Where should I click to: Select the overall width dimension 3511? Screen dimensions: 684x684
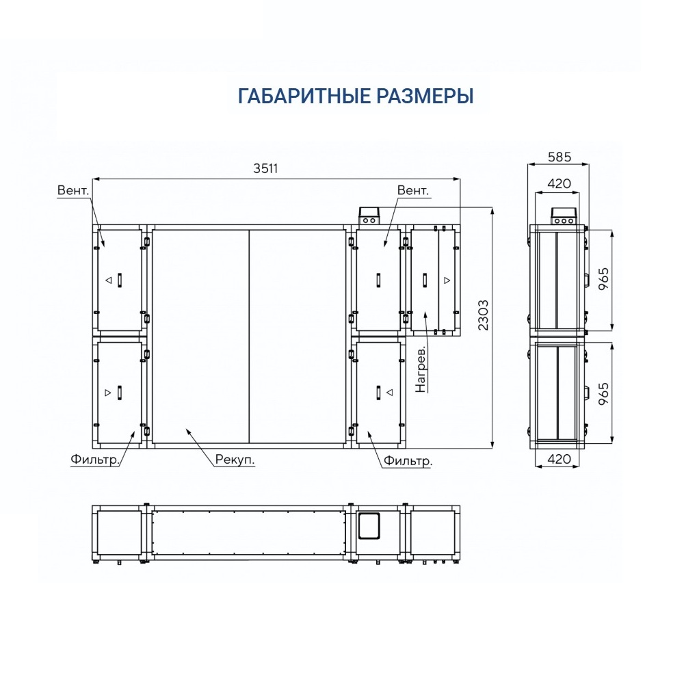pos(265,168)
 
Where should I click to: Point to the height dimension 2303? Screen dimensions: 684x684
pos(483,315)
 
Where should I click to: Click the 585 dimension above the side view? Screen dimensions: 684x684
pos(560,157)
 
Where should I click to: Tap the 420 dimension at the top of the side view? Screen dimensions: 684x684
pos(559,183)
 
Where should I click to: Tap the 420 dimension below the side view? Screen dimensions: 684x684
pos(559,459)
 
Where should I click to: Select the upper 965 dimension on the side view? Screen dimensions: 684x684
pos(603,279)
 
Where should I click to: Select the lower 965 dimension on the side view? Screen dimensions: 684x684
pos(603,394)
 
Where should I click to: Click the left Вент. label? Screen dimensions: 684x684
pos(73,191)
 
